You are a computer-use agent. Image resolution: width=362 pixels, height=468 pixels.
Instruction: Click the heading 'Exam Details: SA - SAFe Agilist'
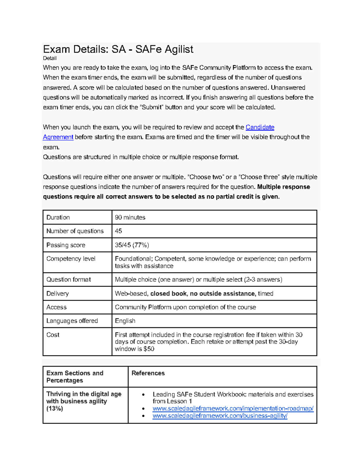click(118, 49)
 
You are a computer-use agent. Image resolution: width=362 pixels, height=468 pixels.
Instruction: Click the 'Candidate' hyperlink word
click(260, 127)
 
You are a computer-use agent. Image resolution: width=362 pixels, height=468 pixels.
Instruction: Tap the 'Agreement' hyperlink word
click(58, 137)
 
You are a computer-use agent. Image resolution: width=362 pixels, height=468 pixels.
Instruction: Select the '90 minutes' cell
click(130, 217)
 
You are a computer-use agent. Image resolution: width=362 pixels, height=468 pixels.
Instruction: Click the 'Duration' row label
click(58, 217)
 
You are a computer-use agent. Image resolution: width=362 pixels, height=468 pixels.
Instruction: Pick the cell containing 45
click(118, 231)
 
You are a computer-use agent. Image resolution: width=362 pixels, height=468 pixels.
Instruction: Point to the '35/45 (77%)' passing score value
click(132, 245)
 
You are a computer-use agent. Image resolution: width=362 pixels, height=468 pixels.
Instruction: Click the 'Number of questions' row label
click(75, 231)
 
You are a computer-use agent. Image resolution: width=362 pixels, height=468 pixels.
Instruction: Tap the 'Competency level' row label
click(71, 259)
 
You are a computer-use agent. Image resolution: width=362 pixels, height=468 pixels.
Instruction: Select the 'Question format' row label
click(68, 279)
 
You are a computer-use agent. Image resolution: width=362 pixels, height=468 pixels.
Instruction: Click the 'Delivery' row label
click(57, 294)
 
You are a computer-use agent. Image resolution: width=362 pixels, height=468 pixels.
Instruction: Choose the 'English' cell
click(125, 321)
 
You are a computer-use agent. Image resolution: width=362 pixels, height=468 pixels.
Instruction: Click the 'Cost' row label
click(53, 335)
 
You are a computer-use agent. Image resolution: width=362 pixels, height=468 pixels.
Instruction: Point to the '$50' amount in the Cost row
click(149, 349)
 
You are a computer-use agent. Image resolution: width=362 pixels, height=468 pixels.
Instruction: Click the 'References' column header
click(148, 373)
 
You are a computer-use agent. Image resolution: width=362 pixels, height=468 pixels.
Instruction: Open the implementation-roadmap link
click(233, 409)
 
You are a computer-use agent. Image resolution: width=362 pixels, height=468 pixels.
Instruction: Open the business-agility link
click(220, 416)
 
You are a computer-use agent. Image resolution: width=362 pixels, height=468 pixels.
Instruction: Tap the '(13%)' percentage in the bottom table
click(55, 409)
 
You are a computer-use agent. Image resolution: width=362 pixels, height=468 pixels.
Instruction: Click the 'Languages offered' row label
click(72, 321)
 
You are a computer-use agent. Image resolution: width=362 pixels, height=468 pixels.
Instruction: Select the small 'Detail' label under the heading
click(50, 58)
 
